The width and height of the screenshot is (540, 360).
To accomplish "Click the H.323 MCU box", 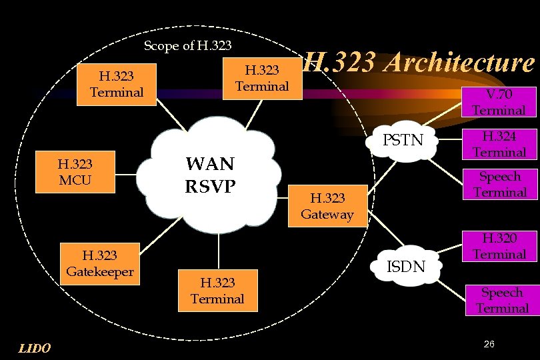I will pyautogui.click(x=75, y=171).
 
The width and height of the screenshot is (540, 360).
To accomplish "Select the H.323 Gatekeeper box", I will pyautogui.click(x=100, y=263).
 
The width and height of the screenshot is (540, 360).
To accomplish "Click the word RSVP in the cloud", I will pyautogui.click(x=210, y=186).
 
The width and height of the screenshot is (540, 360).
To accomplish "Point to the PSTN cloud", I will pyautogui.click(x=403, y=141).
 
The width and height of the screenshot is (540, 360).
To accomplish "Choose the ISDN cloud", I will pyautogui.click(x=406, y=266).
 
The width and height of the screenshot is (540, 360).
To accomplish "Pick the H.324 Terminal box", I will pyautogui.click(x=499, y=144).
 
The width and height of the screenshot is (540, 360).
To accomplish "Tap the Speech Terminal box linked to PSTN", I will pyautogui.click(x=499, y=185).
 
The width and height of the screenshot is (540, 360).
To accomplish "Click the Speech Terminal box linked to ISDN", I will pyautogui.click(x=501, y=300).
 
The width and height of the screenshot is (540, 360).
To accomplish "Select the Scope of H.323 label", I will pyautogui.click(x=188, y=46).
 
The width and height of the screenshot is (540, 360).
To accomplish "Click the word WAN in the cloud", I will pyautogui.click(x=210, y=164).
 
